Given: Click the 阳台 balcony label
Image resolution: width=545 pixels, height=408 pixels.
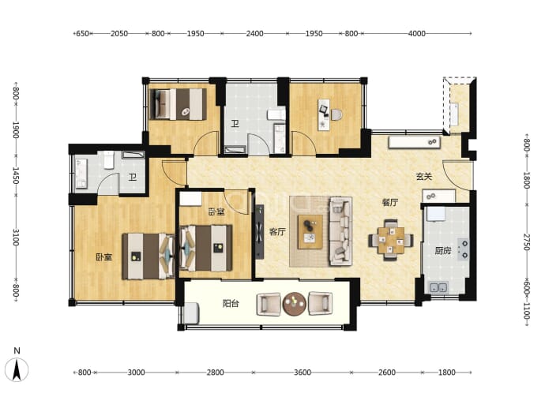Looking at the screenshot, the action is pos(231,304).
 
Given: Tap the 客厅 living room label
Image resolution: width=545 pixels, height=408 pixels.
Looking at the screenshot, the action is pos(277,232).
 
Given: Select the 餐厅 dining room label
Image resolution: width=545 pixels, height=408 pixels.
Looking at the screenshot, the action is pos(390,202).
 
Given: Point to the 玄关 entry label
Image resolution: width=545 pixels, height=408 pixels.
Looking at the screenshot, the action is pos(424,177).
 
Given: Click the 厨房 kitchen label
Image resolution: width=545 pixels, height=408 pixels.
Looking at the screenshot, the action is pos(443,250).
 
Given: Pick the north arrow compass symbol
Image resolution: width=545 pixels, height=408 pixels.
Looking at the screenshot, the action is pos(17,369).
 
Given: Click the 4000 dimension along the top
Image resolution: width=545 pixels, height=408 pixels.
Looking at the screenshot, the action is pos(417,33).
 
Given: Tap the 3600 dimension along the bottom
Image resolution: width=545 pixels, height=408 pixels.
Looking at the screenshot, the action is pos(303,372).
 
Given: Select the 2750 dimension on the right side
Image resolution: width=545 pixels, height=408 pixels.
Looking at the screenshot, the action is pos(526,241).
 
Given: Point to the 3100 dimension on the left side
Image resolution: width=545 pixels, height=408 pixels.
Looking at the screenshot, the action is pos(16,237).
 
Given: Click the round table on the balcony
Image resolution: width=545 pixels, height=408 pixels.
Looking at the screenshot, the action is pos(295,304).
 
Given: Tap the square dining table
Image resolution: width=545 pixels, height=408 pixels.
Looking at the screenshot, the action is pos(391,240).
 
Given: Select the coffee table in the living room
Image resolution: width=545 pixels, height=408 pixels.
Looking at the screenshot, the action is pos(310,231).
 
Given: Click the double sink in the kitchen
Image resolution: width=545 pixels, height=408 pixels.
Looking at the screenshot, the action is pos(438,287).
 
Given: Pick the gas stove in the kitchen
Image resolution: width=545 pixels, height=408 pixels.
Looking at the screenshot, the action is pos(463,249).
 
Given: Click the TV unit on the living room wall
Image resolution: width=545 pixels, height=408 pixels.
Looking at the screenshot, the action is pos(259,231).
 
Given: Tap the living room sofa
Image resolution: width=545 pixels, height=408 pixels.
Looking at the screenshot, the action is pos(340,231).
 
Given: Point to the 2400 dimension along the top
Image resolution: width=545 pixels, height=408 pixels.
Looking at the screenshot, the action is pos(255,33).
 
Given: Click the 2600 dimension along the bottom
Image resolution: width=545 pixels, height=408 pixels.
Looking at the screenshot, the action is pos(387,372).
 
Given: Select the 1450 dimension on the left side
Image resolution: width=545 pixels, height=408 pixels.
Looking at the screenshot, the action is pos(16,175).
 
